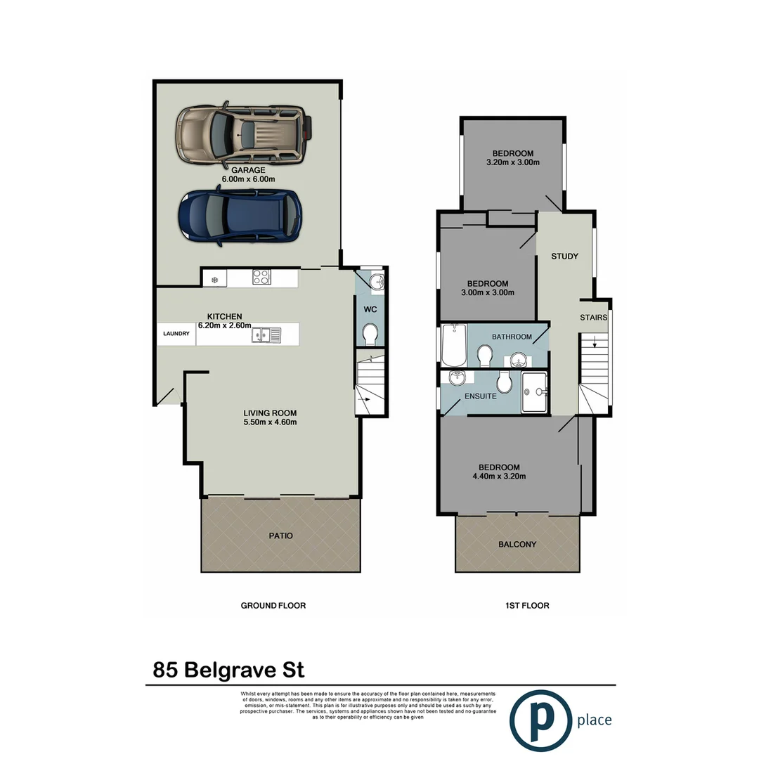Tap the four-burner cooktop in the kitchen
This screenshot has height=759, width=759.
pos(261,278)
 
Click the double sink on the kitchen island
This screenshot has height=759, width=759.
pos(266,335)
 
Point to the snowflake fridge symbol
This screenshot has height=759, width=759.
pos(215,279)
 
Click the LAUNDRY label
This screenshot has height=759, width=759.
pos(176,334)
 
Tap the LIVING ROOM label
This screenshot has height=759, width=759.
pos(270,413)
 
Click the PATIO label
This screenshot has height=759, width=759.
pos(280,536)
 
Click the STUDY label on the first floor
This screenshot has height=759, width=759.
pos(564,256)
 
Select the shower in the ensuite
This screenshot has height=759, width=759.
pos(536,392)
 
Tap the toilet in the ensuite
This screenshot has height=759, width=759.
pos(503,383)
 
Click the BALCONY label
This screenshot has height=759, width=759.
pos(517,544)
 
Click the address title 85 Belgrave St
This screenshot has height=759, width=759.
pos(228,669)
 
